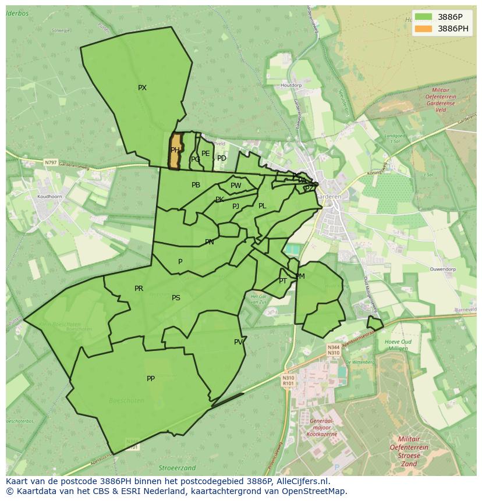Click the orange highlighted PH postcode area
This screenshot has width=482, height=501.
click(175, 151)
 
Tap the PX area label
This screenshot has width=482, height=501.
click(142, 88)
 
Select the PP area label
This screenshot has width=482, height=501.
click(151, 379)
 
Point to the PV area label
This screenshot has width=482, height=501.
click(238, 342)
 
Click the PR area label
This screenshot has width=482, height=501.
click(139, 289)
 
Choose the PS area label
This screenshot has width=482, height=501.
click(176, 298)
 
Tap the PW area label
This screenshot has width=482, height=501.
click(236, 186)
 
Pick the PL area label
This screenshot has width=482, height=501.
click(262, 206)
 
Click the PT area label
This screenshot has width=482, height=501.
click(283, 281)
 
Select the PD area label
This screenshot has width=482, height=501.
click(222, 158)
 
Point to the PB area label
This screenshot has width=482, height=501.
click(196, 185)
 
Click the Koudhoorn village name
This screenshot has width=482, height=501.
click(49, 197)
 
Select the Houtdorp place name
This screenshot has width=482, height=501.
click(291, 86)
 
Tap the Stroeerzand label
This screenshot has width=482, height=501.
click(177, 468)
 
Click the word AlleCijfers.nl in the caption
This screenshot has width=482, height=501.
click(303, 481)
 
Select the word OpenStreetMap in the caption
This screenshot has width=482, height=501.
click(315, 491)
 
